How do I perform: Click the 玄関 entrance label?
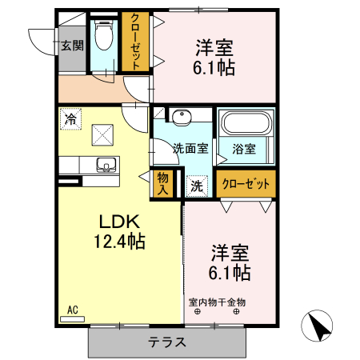click(x=71, y=46)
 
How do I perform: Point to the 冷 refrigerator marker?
click(x=71, y=119)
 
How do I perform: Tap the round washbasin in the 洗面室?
click(x=182, y=117)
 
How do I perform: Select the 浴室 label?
click(x=244, y=148)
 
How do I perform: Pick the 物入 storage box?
click(x=163, y=183)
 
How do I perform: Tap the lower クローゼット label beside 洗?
click(x=246, y=183)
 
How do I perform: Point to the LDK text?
click(x=119, y=221)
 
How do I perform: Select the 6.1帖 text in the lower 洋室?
click(x=230, y=273)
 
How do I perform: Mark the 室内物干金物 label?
click(x=217, y=302)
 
